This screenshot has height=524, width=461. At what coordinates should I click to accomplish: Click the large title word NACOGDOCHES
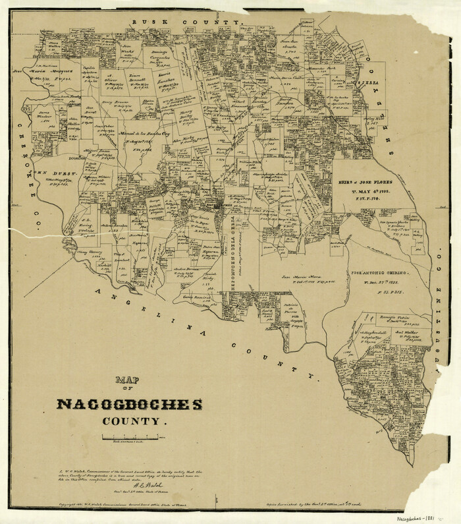[130, 403]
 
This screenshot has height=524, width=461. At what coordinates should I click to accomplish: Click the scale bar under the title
[128, 438]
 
